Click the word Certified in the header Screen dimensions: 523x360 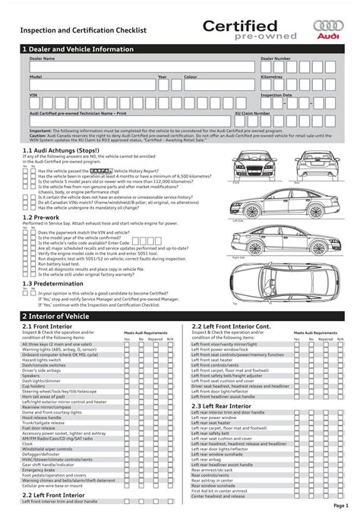pos(239,27)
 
